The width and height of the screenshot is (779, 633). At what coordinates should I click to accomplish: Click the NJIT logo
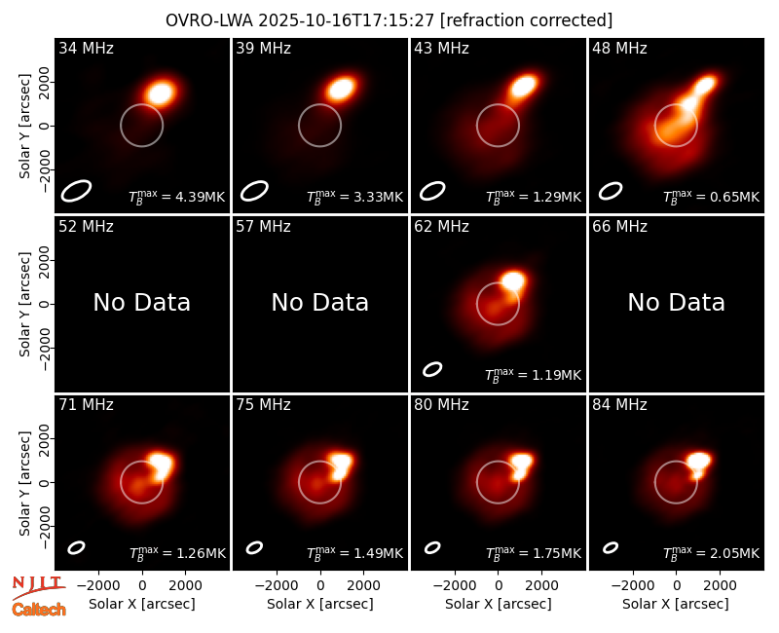[x=38, y=586]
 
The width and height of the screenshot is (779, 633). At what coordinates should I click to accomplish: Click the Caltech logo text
[x=39, y=610]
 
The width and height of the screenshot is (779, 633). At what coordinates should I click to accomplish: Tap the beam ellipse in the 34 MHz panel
[x=77, y=191]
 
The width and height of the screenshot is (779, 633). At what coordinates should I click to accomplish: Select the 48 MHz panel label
[x=619, y=48]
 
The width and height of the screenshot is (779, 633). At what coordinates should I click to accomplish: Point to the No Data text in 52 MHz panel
[x=141, y=302]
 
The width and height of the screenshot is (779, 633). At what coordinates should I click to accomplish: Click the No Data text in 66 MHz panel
[x=676, y=302]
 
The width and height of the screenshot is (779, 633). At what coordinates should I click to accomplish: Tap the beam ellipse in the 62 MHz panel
[x=432, y=369]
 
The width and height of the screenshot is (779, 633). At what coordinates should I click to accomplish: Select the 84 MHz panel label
[x=619, y=405]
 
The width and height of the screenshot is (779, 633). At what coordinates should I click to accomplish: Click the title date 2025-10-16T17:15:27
[x=347, y=20]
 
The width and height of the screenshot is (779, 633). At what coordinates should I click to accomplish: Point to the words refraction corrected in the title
[x=526, y=20]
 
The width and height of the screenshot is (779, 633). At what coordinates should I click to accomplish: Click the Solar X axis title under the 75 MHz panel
[x=320, y=604]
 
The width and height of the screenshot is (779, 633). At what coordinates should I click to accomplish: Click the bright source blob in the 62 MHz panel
[x=513, y=281]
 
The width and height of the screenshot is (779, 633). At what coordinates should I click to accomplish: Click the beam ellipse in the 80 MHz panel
[x=432, y=547]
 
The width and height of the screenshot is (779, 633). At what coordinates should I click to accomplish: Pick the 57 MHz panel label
[x=263, y=227]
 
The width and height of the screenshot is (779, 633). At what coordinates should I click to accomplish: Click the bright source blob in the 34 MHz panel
[x=161, y=93]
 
